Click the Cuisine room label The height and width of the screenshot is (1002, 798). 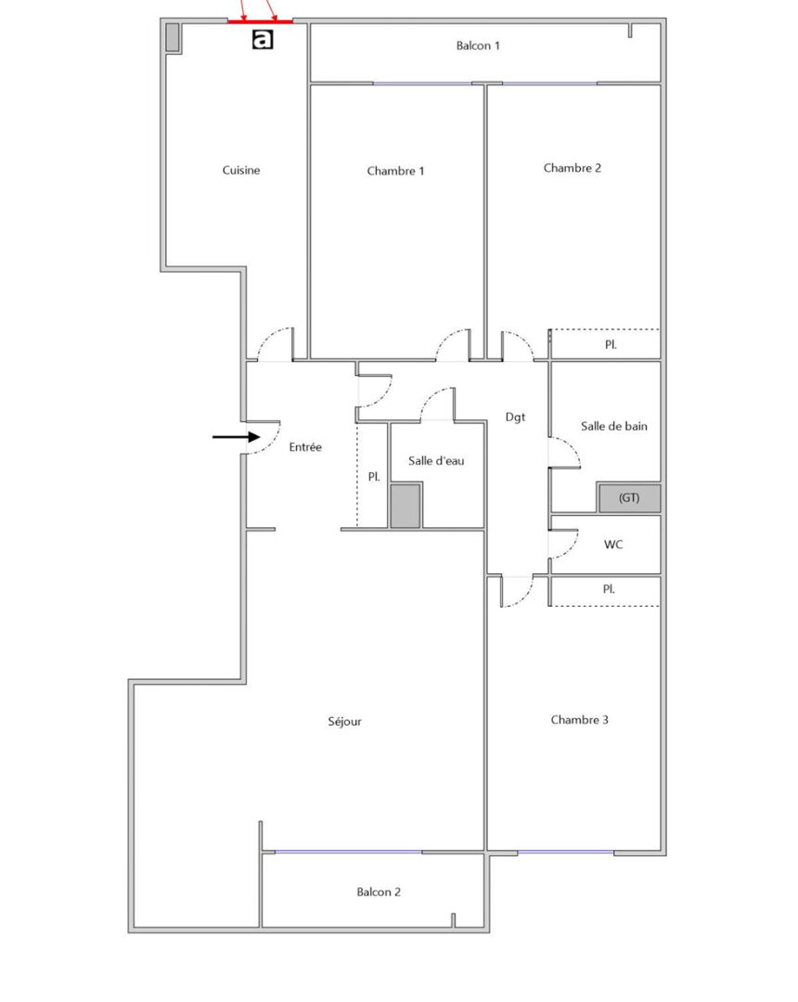(x=241, y=170)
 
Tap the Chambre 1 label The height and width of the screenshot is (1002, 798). (x=395, y=171)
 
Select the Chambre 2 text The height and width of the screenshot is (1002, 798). (x=572, y=168)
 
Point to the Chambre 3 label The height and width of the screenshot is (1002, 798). (x=580, y=720)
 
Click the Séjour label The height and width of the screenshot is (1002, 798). (x=344, y=722)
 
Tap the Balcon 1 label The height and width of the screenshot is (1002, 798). (x=478, y=45)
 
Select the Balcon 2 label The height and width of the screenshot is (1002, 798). (x=379, y=893)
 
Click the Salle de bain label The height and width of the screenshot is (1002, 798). (x=614, y=426)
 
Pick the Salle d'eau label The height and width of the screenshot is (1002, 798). (x=436, y=461)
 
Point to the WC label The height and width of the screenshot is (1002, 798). (x=613, y=545)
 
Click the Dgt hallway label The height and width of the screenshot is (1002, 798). (x=516, y=417)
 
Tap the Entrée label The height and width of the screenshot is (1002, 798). (x=305, y=447)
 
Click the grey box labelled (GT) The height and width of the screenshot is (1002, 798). (x=629, y=498)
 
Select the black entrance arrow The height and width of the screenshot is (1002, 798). (x=237, y=437)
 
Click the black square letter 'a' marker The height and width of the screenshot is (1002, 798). (x=263, y=39)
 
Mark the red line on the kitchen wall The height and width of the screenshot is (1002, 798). (x=260, y=21)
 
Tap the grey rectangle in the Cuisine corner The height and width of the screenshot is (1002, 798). (x=173, y=37)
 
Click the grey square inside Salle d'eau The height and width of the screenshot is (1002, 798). (x=405, y=507)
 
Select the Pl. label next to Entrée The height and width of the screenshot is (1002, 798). (x=374, y=477)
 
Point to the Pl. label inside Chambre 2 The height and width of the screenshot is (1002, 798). (x=611, y=344)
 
